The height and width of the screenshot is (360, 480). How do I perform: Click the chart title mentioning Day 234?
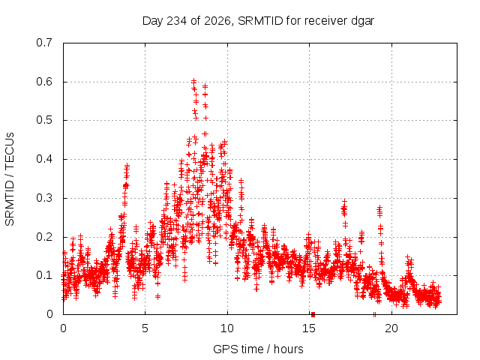(258, 21)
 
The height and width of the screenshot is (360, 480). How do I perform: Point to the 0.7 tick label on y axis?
(44, 43)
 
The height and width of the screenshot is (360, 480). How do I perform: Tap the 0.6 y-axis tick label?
(44, 82)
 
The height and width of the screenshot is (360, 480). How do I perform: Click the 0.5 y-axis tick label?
(44, 120)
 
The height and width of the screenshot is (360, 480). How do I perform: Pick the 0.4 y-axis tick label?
(44, 159)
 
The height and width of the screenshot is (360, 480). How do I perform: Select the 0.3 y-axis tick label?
(44, 198)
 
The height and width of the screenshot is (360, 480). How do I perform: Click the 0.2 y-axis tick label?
(44, 237)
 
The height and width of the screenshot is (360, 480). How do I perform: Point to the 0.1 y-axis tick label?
(44, 275)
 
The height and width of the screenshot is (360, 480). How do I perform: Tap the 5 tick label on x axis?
(145, 328)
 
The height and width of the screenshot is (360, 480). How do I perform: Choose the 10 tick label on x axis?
(226, 328)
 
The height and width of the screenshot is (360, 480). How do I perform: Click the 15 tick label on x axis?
(309, 328)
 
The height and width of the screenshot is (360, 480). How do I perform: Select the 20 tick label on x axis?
(391, 328)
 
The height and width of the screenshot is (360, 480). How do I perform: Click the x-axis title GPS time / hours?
(258, 349)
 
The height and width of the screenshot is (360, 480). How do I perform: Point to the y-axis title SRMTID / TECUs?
(10, 179)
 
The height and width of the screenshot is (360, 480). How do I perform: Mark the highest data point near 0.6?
(193, 82)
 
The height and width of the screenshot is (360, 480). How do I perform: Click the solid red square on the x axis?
(313, 314)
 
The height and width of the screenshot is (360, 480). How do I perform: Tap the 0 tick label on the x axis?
(63, 328)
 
